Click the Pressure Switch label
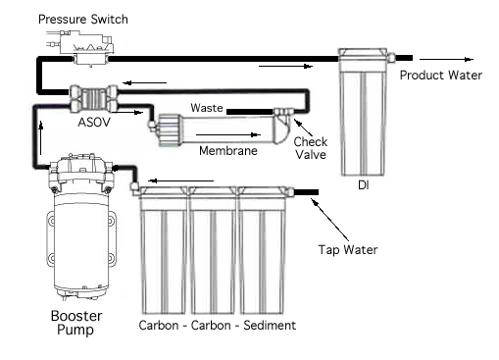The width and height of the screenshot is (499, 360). tap(83, 20)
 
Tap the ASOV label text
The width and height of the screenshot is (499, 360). tap(94, 123)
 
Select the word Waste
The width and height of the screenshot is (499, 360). tap(207, 108)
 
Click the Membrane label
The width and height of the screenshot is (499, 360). tap(228, 151)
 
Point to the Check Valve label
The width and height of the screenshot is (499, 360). tap(311, 148)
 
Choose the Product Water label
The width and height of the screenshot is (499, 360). tap(441, 76)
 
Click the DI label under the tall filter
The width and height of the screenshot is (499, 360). tap(364, 185)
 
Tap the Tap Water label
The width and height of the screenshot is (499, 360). tap(348, 250)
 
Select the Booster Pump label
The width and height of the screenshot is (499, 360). tap(76, 323)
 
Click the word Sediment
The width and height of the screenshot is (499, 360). tap(270, 326)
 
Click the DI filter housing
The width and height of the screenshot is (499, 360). tap(363, 112)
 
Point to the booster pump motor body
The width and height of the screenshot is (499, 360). tap(81, 243)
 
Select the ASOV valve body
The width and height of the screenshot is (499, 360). tap(94, 99)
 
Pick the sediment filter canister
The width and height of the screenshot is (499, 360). tap(263, 250)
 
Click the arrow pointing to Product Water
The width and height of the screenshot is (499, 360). tap(446, 59)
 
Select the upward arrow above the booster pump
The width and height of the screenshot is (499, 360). tap(41, 137)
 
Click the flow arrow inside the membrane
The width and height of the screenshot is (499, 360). tap(228, 134)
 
